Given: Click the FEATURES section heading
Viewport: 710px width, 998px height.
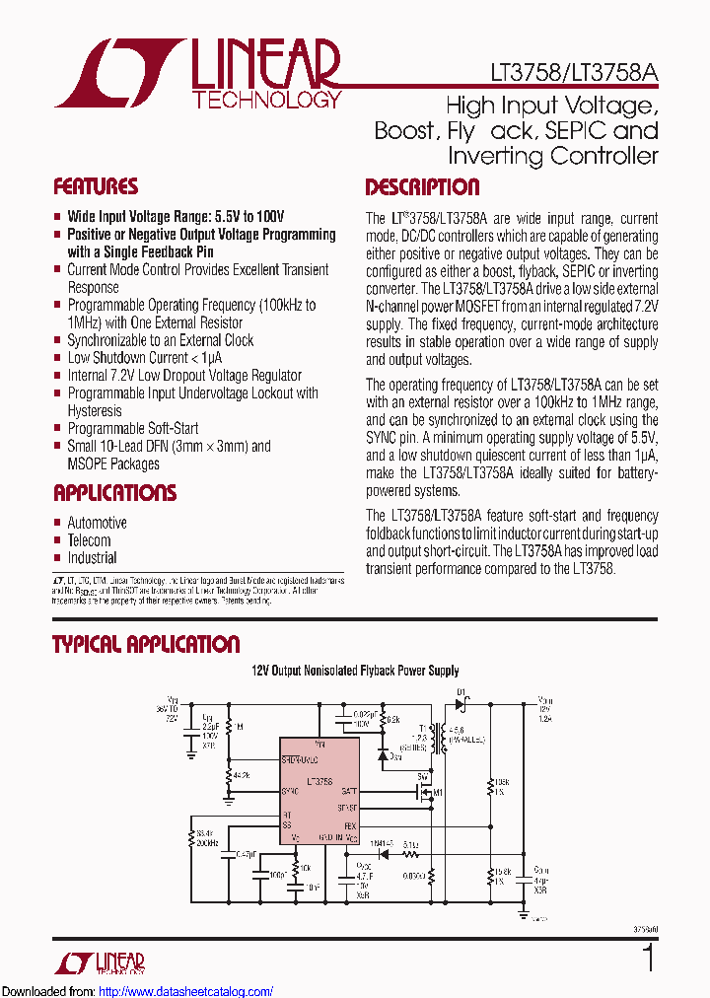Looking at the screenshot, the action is coord(96,187).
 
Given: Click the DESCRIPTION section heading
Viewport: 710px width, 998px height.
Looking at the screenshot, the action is coord(422,187).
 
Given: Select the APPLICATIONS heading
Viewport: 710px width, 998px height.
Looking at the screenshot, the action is coord(114,493).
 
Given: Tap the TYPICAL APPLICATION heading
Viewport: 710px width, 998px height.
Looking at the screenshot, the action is coord(146,645).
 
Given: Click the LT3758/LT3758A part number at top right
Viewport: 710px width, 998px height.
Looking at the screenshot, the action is coord(573,73).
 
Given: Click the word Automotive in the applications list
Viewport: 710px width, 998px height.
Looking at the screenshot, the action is coord(97,523).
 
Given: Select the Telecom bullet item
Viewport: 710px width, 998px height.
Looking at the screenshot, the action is coord(89,540).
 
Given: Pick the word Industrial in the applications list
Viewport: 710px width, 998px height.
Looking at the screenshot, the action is coord(92,558).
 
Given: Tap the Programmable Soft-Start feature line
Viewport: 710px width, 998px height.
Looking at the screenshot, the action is coord(132,428).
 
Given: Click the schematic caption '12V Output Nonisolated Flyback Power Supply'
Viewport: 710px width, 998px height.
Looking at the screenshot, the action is coord(354,671).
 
